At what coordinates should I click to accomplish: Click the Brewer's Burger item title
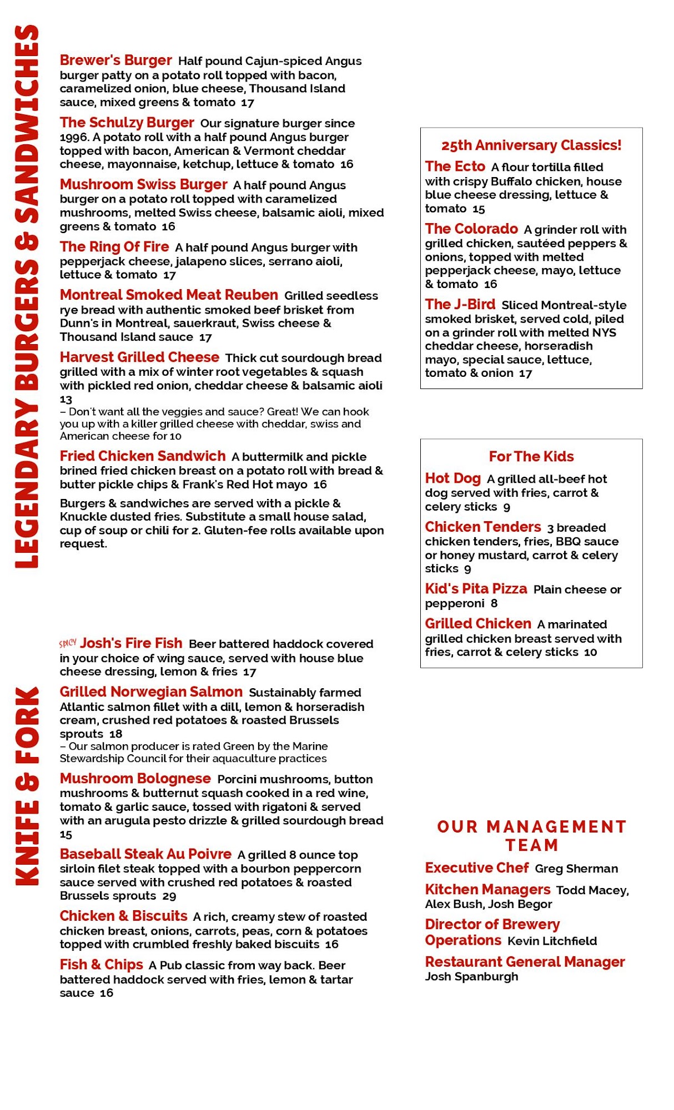point(115,60)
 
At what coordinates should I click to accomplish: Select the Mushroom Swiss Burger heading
point(143,185)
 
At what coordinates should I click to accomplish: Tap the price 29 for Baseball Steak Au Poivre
point(169,896)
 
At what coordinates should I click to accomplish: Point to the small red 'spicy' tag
point(68,643)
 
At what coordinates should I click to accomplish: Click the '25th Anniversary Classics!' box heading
point(531,145)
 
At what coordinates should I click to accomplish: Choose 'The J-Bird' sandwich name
point(460,305)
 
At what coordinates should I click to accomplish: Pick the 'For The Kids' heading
point(531,457)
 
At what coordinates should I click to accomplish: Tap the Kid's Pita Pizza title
point(476,589)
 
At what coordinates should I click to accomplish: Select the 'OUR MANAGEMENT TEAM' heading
point(531,836)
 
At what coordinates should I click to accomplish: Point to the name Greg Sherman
point(576,869)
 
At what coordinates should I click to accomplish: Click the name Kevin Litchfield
point(552,941)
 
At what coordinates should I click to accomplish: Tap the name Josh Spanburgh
point(471,976)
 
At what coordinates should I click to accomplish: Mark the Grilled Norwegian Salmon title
point(151,692)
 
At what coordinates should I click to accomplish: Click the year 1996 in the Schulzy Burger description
point(73,137)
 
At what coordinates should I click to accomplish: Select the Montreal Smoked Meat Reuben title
point(169,295)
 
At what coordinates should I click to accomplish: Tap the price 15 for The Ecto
point(479,209)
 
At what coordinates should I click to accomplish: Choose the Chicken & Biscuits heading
point(123,916)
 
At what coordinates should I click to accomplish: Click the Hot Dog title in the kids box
point(452,478)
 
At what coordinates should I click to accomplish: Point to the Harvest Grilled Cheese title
point(139,357)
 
